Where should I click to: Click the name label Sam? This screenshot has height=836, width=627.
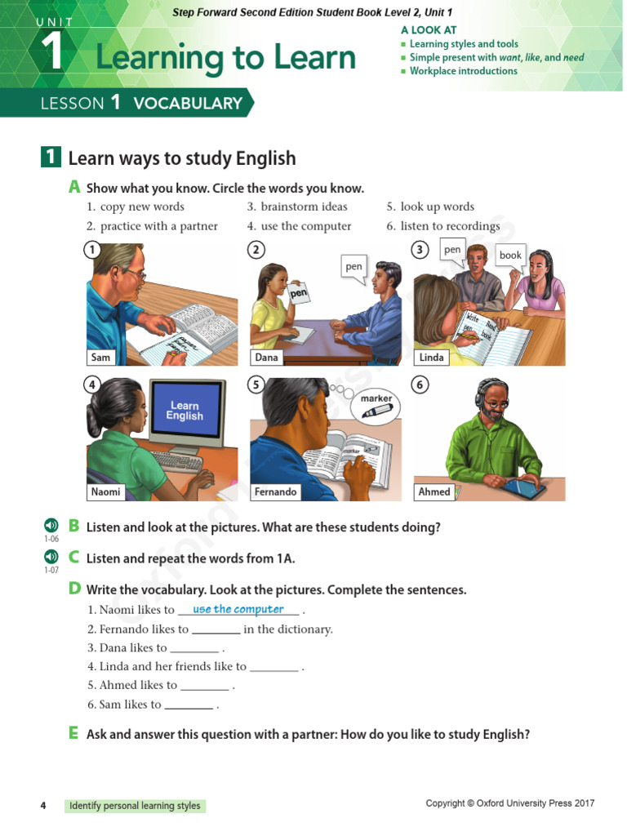(x=101, y=357)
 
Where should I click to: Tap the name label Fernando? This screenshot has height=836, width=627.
(x=275, y=491)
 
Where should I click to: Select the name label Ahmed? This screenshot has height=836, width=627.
(x=434, y=491)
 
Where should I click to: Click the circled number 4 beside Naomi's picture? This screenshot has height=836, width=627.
(x=94, y=385)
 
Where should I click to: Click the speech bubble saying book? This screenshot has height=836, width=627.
(x=510, y=256)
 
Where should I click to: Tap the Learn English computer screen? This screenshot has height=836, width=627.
(x=185, y=411)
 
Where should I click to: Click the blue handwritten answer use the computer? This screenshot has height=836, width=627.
(x=238, y=609)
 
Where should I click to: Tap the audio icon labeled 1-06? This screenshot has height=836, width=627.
(x=51, y=525)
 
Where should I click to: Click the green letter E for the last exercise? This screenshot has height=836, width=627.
(x=74, y=733)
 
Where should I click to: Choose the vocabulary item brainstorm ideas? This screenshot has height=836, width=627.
(x=304, y=207)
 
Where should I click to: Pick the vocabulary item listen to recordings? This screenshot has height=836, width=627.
(x=450, y=226)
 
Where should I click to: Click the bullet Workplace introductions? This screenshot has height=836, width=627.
(x=463, y=71)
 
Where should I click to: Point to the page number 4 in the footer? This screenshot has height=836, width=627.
(x=43, y=806)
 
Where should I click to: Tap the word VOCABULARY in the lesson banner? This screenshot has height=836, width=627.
(x=188, y=103)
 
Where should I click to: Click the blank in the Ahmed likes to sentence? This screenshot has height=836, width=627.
(x=204, y=686)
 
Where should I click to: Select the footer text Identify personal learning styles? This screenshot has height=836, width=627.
(x=135, y=806)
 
